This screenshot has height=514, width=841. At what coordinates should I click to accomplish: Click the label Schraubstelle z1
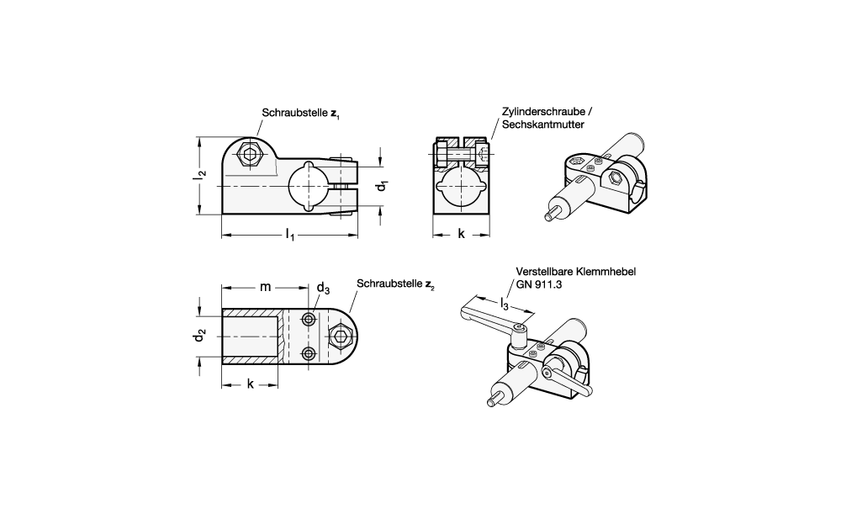[300, 114]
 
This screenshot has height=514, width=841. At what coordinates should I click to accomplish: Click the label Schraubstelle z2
[395, 283]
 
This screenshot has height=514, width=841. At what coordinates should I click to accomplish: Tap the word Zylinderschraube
[543, 112]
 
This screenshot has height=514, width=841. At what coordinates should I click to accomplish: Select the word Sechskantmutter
[542, 125]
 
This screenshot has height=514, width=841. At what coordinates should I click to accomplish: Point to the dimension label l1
[289, 235]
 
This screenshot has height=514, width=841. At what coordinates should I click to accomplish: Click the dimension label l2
[199, 175]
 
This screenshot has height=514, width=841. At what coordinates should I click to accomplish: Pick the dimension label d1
[382, 186]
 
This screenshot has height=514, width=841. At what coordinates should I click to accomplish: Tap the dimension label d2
[199, 336]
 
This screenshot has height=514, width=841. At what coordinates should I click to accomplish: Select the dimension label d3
[323, 288]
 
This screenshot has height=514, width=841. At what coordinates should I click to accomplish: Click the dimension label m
[266, 287]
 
